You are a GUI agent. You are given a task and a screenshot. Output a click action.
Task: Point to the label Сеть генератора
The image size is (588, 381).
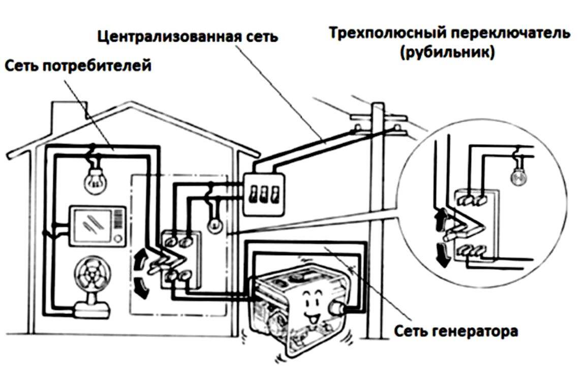point(456,331)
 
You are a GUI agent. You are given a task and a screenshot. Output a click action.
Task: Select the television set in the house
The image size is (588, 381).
point(97,226)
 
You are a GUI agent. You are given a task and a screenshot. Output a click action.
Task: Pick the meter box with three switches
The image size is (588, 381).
point(262,194)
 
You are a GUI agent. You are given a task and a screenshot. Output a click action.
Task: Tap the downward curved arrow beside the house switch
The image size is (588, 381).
point(142,288)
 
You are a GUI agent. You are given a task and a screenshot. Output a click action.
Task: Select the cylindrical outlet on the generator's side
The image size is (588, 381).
point(336,307)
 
